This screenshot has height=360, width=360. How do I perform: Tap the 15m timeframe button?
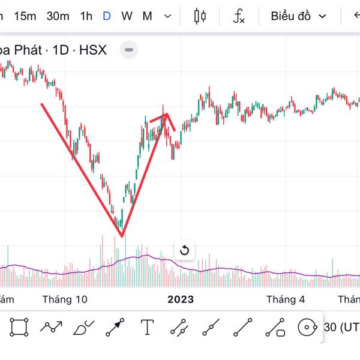[25, 16]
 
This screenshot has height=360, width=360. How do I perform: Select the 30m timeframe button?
[58, 16]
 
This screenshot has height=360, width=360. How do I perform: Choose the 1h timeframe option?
[86, 16]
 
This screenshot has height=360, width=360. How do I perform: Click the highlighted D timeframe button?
[106, 16]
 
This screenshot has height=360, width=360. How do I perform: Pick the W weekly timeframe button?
[127, 16]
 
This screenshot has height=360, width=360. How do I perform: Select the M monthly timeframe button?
[147, 16]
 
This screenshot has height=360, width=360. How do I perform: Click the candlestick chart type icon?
[200, 16]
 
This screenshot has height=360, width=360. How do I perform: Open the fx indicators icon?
[239, 16]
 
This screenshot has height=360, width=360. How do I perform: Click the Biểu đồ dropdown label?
[291, 16]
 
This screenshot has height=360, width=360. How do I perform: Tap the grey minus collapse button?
[129, 50]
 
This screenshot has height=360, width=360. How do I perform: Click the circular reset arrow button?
[184, 250]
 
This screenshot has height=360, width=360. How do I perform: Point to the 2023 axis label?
[181, 299]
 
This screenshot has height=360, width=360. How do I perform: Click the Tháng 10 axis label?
[65, 299]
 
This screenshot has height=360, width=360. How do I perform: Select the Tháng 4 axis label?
[286, 299]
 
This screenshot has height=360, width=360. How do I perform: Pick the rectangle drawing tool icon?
[19, 328]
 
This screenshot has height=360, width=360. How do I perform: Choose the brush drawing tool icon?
[83, 328]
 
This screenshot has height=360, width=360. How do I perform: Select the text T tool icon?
[148, 328]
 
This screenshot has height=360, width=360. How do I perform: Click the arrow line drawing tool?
[115, 328]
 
